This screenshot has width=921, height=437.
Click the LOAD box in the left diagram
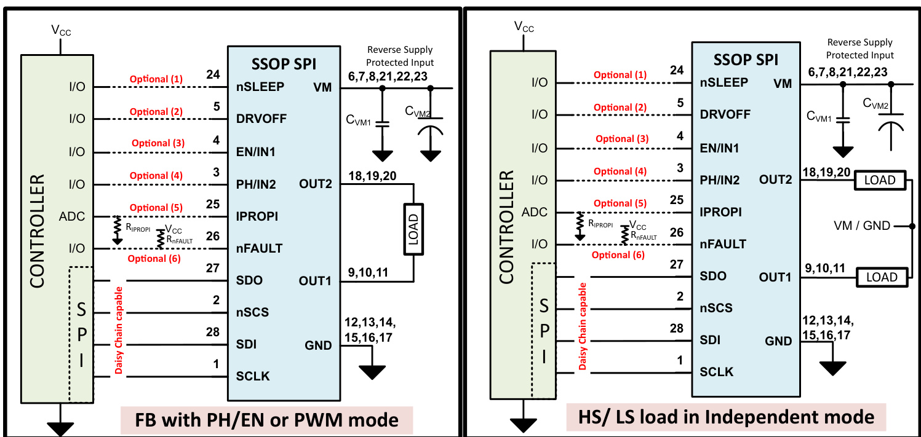pos(413,229)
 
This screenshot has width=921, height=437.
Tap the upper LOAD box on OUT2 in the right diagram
pos(880,181)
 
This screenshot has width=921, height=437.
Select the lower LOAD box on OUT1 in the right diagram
pos(882,277)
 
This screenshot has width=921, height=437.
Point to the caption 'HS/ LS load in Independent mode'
pos(727,417)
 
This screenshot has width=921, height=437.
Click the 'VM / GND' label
pos(861,226)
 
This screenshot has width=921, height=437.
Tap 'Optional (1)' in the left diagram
pos(156,79)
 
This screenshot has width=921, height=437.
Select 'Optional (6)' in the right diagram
pos(618,254)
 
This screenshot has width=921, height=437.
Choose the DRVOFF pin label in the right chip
pos(725,114)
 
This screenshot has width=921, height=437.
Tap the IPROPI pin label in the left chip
pos(257,216)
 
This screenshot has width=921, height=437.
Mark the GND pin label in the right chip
pos(778,341)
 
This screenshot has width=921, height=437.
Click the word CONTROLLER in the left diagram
pos(38,231)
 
